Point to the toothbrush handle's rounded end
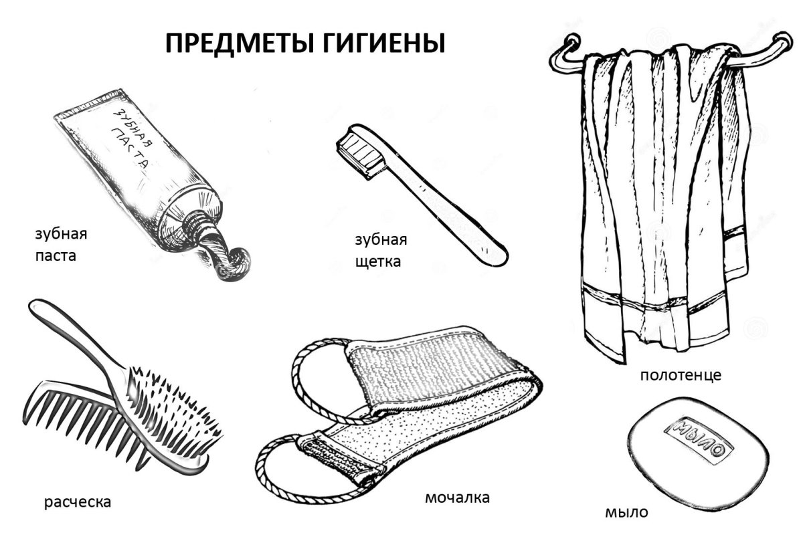(495, 256)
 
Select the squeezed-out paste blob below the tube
(232, 263)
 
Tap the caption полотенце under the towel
(680, 375)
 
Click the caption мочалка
(457, 498)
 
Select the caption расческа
(78, 501)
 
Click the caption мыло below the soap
(626, 513)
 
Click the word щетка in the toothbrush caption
(378, 261)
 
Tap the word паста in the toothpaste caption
(56, 255)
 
